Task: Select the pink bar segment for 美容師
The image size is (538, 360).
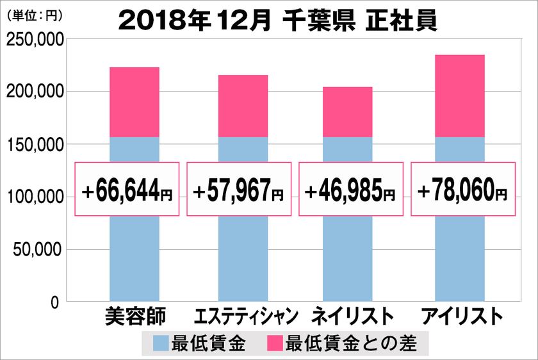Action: (x=134, y=102)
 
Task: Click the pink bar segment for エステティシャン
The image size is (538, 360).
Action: (x=243, y=106)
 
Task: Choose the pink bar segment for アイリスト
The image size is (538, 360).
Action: (x=459, y=96)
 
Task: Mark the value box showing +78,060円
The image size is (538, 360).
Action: (x=462, y=190)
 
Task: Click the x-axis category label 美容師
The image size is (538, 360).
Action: (x=134, y=317)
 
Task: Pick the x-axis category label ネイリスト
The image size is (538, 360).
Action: (x=351, y=317)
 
